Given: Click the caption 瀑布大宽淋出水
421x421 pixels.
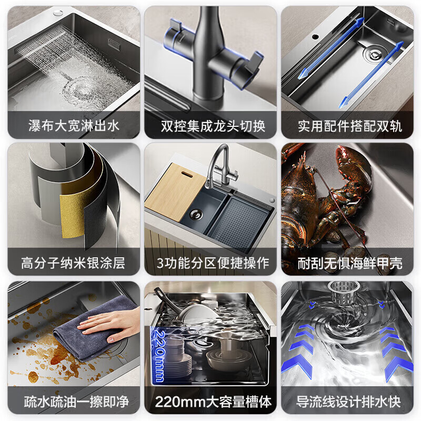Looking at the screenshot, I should pos(73,126).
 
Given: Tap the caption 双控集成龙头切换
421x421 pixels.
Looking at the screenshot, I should pos(210,126).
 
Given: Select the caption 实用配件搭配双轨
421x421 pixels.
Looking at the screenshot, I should pos(348,126).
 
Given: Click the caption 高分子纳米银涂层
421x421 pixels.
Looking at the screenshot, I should pos(73,263).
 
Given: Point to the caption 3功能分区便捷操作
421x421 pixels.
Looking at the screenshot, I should pos(210,263).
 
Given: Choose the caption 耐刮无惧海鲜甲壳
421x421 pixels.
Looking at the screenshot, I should pos(348,263).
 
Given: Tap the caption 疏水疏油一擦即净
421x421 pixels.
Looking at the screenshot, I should pos(73,402).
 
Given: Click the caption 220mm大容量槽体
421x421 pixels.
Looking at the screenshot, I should pos(210,402).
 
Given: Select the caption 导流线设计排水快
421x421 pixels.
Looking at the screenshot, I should pos(348,402).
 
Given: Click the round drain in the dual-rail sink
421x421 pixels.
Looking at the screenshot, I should pos(374,53).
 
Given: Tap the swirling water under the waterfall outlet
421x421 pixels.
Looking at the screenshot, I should pos(74,84).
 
